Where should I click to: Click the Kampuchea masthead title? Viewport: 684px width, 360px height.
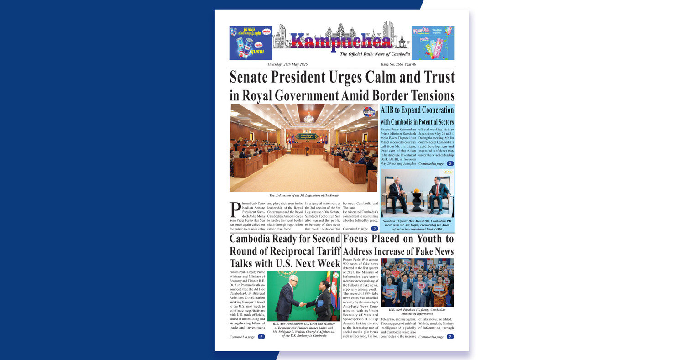[340, 42]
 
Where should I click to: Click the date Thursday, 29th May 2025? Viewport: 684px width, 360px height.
[287, 64]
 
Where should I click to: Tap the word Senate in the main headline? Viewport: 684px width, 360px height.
[255, 77]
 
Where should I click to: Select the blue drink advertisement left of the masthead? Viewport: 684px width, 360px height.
[251, 43]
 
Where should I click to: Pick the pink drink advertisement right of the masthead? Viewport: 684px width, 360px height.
[433, 43]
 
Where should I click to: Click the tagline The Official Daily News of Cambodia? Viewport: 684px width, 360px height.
[375, 54]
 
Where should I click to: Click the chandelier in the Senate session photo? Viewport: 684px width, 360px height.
[309, 118]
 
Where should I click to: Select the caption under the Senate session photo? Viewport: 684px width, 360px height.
[303, 195]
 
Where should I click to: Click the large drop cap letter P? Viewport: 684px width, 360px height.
[235, 210]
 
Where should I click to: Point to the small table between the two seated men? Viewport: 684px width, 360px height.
[417, 199]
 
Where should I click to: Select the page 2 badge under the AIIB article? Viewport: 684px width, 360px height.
[450, 163]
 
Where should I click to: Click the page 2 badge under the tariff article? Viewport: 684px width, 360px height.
[261, 337]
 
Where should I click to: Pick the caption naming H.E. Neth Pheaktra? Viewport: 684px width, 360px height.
[417, 312]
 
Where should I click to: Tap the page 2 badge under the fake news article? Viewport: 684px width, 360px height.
[450, 337]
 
